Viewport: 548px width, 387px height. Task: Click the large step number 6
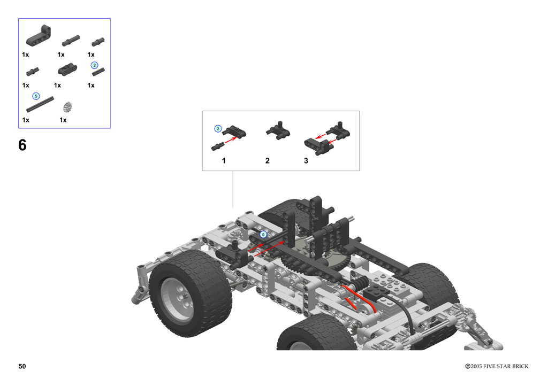22,145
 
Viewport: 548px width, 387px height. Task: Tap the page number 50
22,366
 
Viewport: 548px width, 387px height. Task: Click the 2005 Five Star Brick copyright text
497,366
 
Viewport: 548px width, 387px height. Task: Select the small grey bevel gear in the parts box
68,107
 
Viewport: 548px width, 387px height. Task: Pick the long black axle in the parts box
40,104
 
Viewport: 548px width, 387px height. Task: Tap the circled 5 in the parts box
36,96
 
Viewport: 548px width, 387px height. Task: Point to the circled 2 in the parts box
94,65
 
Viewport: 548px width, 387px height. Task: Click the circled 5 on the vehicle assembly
263,235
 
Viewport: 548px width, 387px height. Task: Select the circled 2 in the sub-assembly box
218,129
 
